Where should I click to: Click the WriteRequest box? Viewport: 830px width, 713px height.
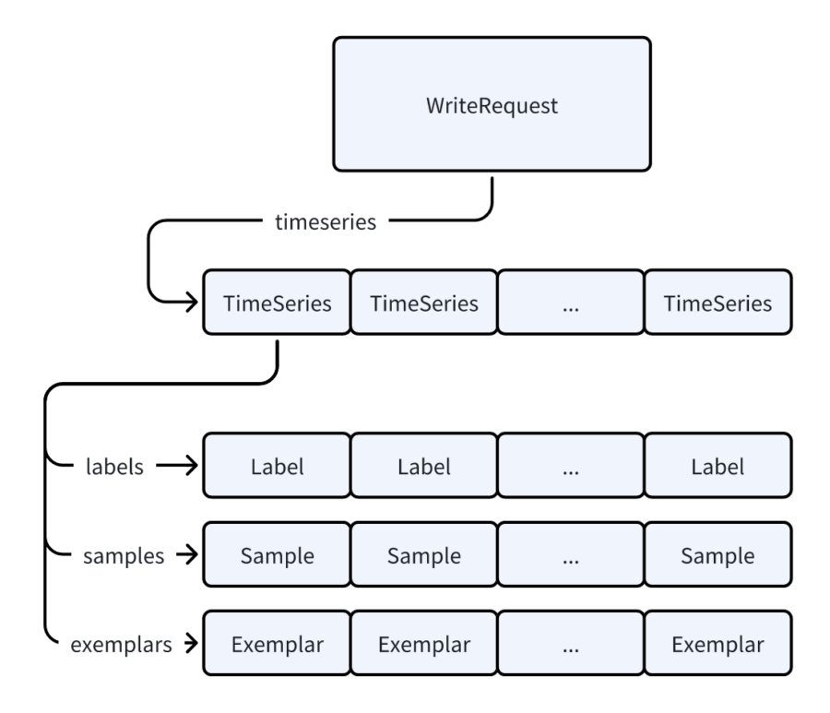click(491, 104)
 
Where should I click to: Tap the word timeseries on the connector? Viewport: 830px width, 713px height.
click(326, 222)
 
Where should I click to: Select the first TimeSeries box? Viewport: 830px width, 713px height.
click(277, 303)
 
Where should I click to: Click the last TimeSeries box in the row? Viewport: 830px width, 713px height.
click(717, 303)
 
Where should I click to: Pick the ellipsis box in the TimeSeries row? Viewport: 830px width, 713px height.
click(570, 303)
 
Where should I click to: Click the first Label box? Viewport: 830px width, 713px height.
click(277, 466)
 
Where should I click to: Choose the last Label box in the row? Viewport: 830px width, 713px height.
click(717, 466)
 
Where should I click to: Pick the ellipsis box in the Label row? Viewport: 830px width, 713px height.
click(570, 466)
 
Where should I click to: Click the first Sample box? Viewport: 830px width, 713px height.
click(277, 556)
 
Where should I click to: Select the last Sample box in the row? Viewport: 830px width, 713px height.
click(717, 556)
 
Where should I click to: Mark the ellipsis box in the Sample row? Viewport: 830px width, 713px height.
click(570, 556)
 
